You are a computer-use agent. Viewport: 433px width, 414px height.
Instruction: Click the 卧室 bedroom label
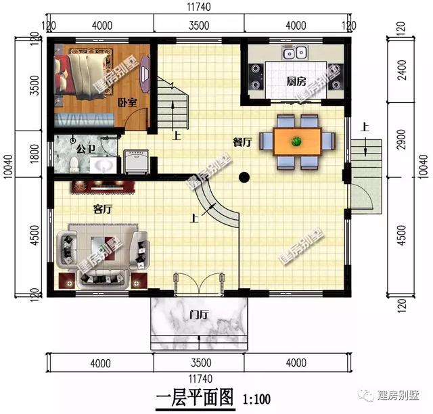(x=127, y=102)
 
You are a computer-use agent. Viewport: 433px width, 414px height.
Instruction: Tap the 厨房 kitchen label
(x=296, y=82)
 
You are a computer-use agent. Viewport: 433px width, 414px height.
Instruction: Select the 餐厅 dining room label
(x=242, y=142)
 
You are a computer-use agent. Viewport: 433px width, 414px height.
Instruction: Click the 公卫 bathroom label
(x=85, y=147)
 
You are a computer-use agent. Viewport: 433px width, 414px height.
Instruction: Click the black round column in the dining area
(x=244, y=179)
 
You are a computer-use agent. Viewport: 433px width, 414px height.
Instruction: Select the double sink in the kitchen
(x=296, y=52)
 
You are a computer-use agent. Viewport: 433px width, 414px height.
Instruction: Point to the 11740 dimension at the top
(x=201, y=7)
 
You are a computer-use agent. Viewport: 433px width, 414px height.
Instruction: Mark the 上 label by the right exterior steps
(x=365, y=127)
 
